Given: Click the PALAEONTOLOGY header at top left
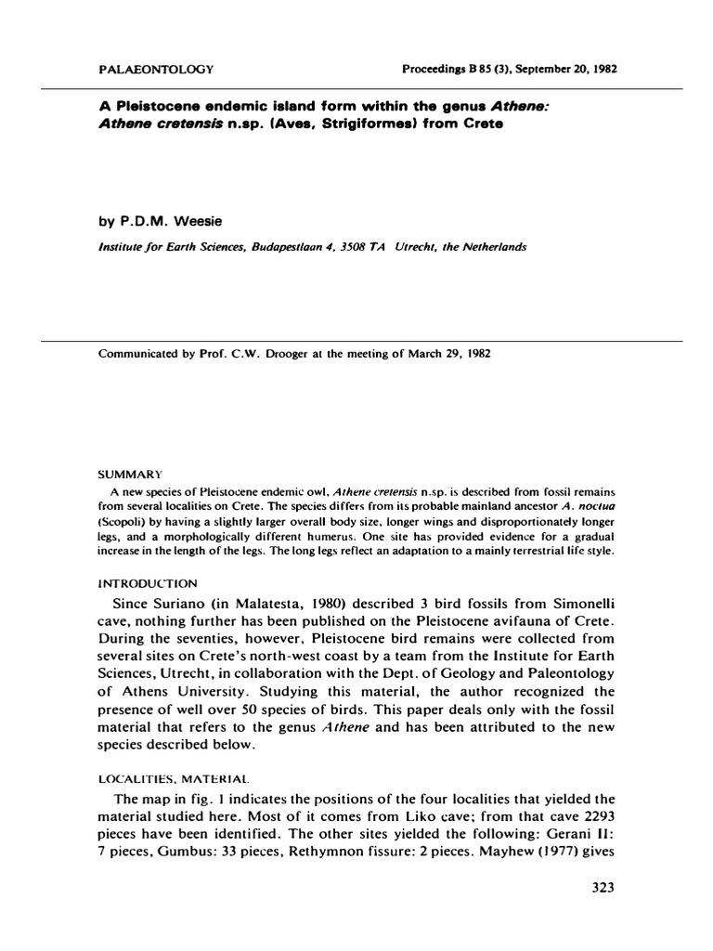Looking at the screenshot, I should click(156, 70).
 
